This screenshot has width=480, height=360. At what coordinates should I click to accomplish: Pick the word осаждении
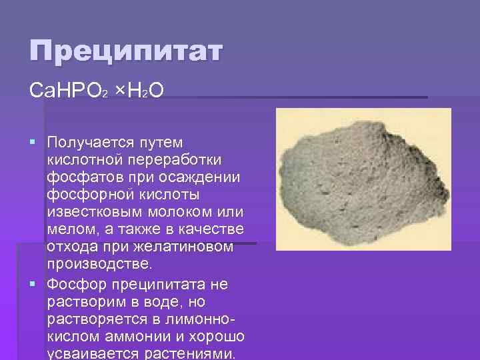207,178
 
